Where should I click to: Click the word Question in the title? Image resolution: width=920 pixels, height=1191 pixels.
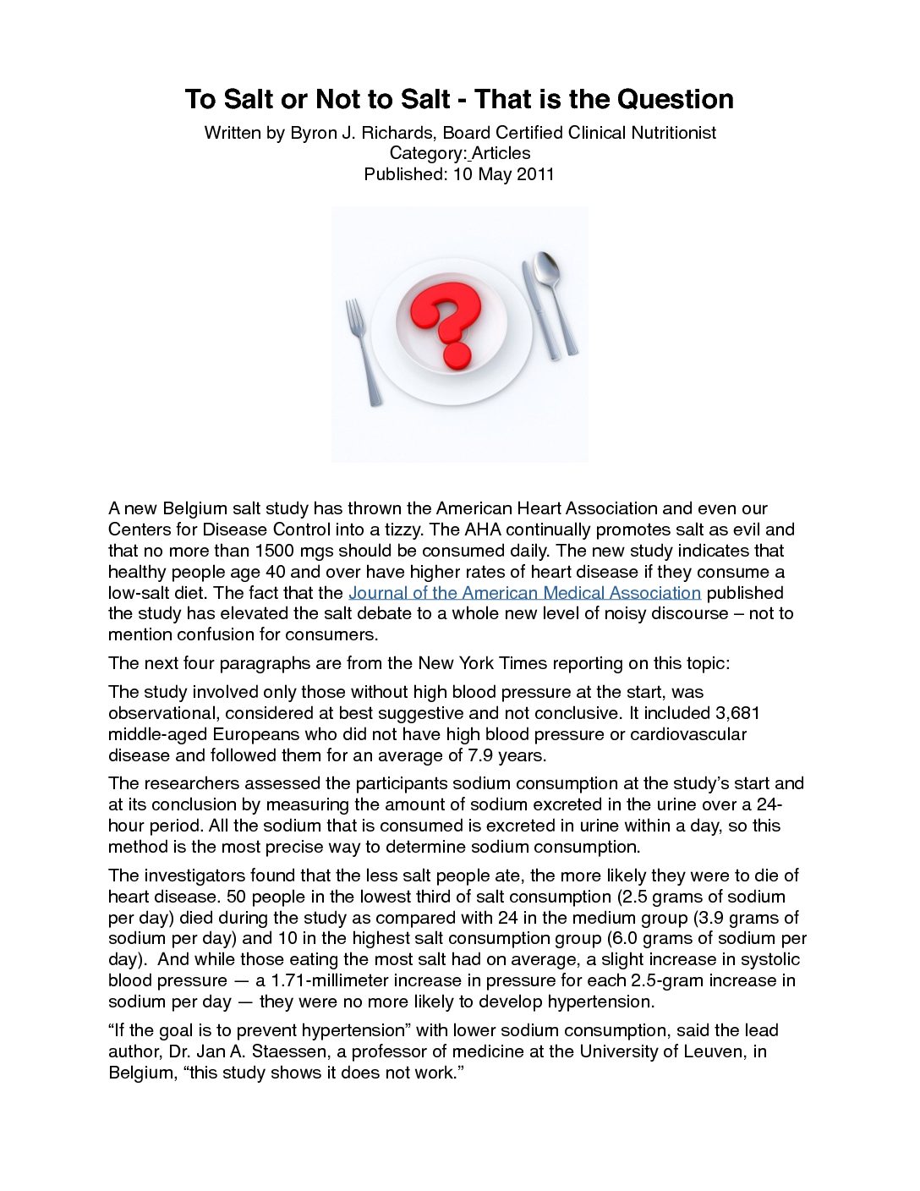click(x=675, y=100)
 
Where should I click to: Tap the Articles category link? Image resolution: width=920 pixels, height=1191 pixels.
click(x=501, y=153)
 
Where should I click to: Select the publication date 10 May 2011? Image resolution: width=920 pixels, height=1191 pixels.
click(x=504, y=174)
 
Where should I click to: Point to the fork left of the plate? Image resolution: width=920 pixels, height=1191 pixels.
click(x=362, y=350)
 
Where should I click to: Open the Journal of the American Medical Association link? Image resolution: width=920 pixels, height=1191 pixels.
click(x=524, y=593)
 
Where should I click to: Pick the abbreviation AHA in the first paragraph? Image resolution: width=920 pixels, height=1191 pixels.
click(x=484, y=530)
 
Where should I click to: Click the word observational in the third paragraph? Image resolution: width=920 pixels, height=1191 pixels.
click(x=161, y=713)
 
